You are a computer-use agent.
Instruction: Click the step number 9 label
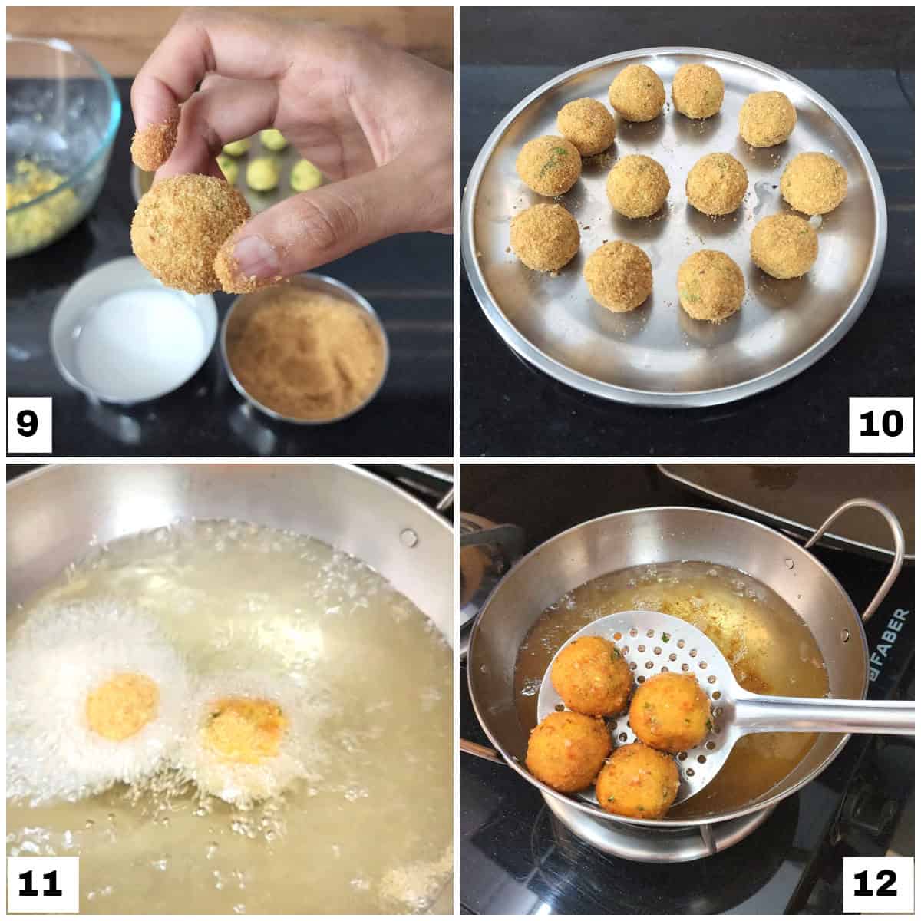[x=28, y=423]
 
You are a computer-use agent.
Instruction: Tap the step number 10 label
[x=880, y=423]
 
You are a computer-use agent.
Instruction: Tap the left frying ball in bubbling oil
[x=123, y=706]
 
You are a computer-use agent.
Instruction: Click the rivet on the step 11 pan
[x=408, y=535]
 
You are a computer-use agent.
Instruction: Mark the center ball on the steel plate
[x=638, y=186]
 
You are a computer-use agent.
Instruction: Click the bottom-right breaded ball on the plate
[x=711, y=285]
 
